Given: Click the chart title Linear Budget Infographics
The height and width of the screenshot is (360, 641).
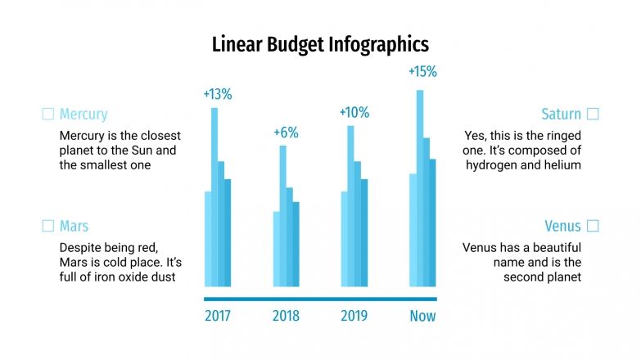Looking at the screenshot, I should point(320,43).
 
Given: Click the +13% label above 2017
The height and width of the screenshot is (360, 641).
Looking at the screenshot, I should point(218,93).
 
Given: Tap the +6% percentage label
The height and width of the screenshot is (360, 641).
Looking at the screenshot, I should point(286,132).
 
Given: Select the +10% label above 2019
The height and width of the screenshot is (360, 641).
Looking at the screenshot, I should point(354,112).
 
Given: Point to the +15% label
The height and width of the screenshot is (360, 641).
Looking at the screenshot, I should point(422,71).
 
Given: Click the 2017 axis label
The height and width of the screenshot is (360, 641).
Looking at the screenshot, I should point(218,316).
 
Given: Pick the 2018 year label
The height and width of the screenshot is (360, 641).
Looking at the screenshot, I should point(286,316).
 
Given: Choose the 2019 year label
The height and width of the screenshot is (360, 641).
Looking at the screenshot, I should point(354,316).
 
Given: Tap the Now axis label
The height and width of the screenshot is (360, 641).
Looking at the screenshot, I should point(422,316).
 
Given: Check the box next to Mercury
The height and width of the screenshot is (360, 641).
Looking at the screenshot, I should point(47,115).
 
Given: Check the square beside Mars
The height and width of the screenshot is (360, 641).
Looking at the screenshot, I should point(47,226).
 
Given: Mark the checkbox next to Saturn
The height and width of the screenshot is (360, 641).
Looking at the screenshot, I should point(593,115).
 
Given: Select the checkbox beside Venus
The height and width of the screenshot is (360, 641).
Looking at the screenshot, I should point(593,226).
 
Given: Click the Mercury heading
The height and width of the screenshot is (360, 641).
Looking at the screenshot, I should point(83,115).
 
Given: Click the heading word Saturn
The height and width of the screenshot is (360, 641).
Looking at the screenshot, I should point(561,115).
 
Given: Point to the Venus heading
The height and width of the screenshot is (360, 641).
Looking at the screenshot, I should point(562,226).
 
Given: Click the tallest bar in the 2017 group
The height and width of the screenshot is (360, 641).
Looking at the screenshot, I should point(214,196).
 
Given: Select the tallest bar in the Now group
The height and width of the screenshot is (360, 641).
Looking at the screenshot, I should point(420,188).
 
